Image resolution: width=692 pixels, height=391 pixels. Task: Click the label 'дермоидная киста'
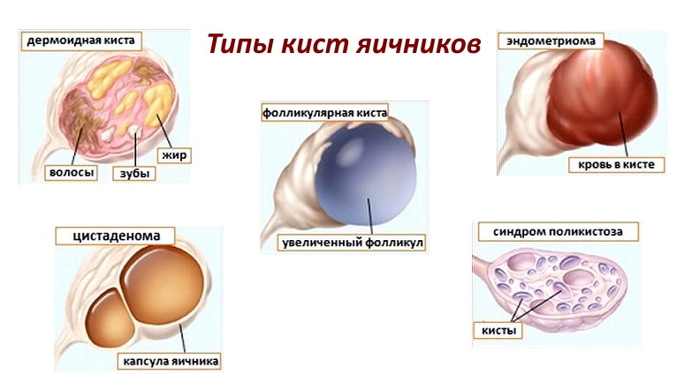[x=81, y=41]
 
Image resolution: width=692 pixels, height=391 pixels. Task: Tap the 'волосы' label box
[x=71, y=172]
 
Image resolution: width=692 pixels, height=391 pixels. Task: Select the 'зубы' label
[x=134, y=173]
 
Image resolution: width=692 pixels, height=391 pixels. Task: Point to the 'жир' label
[x=174, y=155]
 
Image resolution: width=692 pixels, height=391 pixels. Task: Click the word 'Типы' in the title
[x=240, y=44]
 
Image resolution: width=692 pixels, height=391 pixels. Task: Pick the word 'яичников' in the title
[x=418, y=44]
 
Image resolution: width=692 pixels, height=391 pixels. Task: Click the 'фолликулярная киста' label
[x=325, y=113]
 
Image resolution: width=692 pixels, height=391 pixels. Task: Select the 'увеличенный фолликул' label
[x=352, y=243]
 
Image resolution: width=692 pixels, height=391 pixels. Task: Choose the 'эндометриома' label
[x=551, y=41]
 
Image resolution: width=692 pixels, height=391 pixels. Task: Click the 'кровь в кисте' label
[x=616, y=164]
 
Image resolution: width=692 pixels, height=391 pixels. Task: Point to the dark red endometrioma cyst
[x=603, y=94]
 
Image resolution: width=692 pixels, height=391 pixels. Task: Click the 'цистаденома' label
[x=116, y=236]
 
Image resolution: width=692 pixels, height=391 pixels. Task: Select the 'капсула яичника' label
[x=170, y=362]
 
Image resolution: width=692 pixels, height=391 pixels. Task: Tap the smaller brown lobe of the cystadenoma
[x=109, y=318]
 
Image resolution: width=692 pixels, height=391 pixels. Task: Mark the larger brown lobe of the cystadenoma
[x=164, y=285]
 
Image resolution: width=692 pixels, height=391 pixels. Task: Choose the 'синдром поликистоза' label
[x=558, y=231]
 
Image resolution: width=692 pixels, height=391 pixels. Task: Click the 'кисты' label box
[x=498, y=331]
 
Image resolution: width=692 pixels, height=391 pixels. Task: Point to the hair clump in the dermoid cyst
[x=80, y=112]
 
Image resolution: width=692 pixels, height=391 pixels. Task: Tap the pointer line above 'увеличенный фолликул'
[x=369, y=216]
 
